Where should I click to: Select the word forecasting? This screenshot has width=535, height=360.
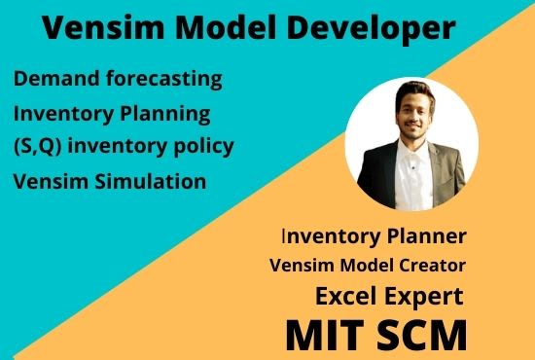point(165,76)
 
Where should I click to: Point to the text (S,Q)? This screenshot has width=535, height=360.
point(40,146)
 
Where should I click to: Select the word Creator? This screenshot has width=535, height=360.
point(427,265)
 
